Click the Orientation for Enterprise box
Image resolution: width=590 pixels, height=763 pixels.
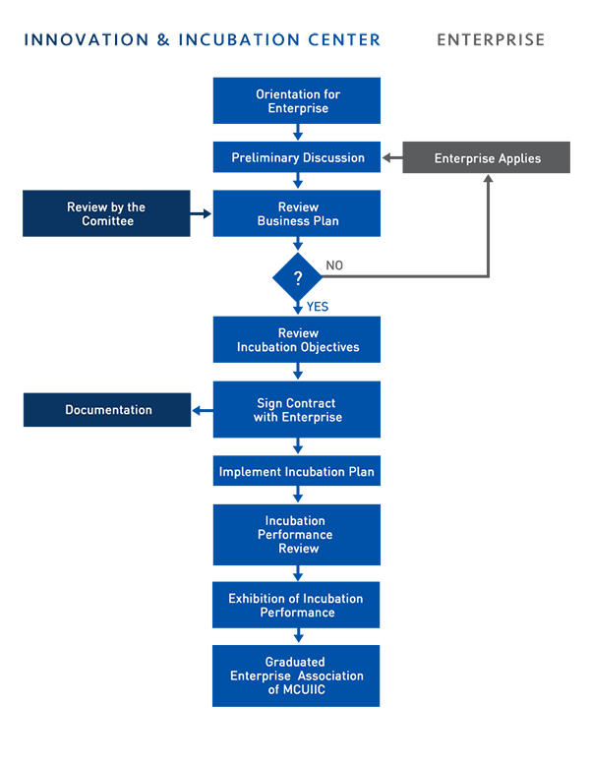(x=296, y=100)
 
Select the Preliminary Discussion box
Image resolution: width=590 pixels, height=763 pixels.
(x=296, y=157)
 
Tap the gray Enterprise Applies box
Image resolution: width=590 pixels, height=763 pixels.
(x=487, y=157)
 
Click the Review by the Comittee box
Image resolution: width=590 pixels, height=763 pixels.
(x=106, y=213)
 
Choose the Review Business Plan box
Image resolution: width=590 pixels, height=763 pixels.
(x=296, y=213)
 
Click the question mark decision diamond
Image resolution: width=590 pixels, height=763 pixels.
(x=297, y=277)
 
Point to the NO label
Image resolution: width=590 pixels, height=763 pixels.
(x=334, y=265)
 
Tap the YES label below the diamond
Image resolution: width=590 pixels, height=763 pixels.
(x=318, y=307)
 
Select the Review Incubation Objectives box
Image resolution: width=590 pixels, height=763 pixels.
(x=296, y=339)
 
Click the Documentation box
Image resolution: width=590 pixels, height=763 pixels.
(x=107, y=410)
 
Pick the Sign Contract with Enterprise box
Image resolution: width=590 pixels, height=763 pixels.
(x=296, y=409)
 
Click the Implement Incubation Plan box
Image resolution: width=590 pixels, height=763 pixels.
(x=296, y=471)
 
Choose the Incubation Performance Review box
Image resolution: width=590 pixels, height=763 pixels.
(x=296, y=535)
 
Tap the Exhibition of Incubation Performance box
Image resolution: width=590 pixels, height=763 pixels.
(x=296, y=605)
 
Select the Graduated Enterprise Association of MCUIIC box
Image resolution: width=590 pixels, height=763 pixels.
(x=296, y=675)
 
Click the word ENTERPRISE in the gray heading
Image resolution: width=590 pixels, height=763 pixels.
(x=491, y=40)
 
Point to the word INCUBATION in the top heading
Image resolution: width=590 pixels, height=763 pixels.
(x=239, y=40)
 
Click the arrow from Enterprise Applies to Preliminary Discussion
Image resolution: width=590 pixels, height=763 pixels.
(x=392, y=157)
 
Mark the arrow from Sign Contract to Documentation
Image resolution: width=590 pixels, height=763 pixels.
(x=203, y=411)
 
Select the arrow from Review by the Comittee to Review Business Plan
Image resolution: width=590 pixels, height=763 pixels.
(x=201, y=213)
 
